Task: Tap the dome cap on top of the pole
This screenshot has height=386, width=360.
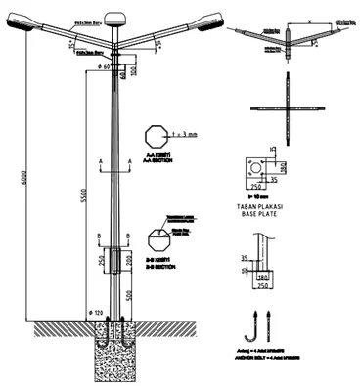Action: [x=115, y=16]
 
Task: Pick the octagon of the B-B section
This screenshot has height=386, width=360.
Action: [x=156, y=240]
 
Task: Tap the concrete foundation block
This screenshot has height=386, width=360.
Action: [x=116, y=351]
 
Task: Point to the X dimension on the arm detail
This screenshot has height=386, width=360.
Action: [x=308, y=19]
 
